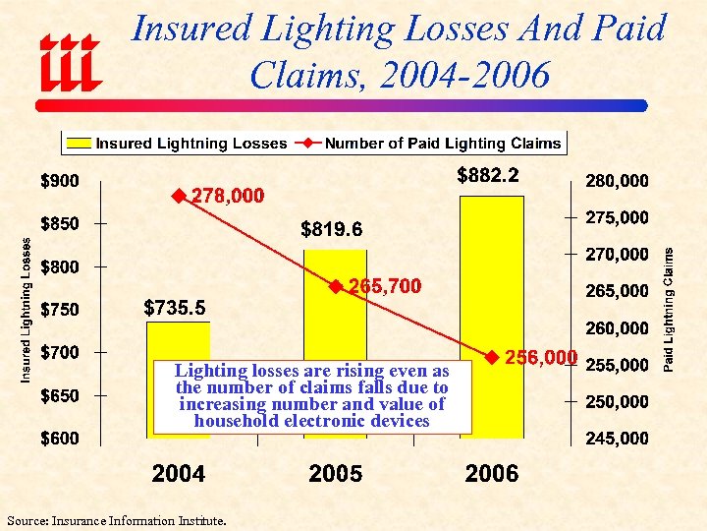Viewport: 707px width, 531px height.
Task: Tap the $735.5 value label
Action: [x=175, y=309]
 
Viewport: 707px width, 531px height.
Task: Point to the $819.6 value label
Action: [x=331, y=230]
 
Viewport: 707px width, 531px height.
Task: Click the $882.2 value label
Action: [x=488, y=176]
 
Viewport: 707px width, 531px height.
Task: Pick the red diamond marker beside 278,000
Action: [x=179, y=196]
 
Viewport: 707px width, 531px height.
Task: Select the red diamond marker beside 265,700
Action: [x=335, y=286]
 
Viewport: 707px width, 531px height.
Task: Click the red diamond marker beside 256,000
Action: [x=492, y=355]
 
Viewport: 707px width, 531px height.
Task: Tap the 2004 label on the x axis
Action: [x=178, y=474]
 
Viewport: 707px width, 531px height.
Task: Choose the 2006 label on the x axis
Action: [x=491, y=474]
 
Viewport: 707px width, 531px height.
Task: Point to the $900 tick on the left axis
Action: [x=60, y=181]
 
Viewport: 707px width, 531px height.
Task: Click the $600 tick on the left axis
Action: [x=60, y=438]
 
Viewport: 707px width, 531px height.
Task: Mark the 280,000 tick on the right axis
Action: [x=617, y=181]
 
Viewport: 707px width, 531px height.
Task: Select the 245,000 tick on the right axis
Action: [x=617, y=438]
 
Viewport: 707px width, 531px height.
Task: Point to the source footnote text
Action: [x=115, y=519]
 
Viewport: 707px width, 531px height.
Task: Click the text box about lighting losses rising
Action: [x=311, y=396]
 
